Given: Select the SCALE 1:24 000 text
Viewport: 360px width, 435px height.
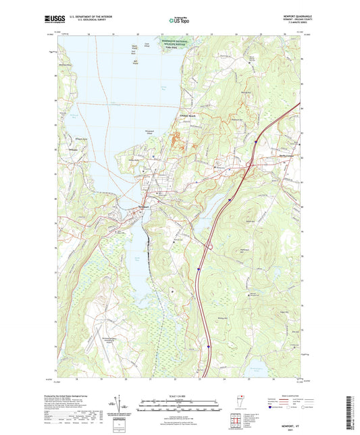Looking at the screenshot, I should click(x=179, y=395).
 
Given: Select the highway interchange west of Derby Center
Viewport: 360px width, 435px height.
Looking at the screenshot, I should click(x=249, y=164).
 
